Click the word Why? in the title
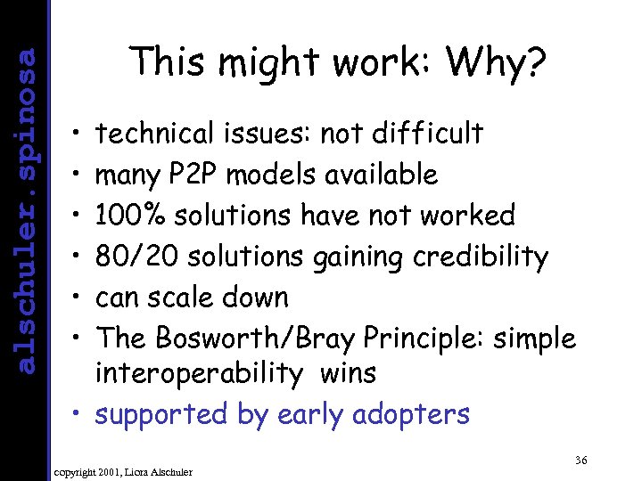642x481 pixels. click(x=497, y=63)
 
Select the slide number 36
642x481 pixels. click(x=580, y=460)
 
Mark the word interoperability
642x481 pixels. click(x=200, y=373)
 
